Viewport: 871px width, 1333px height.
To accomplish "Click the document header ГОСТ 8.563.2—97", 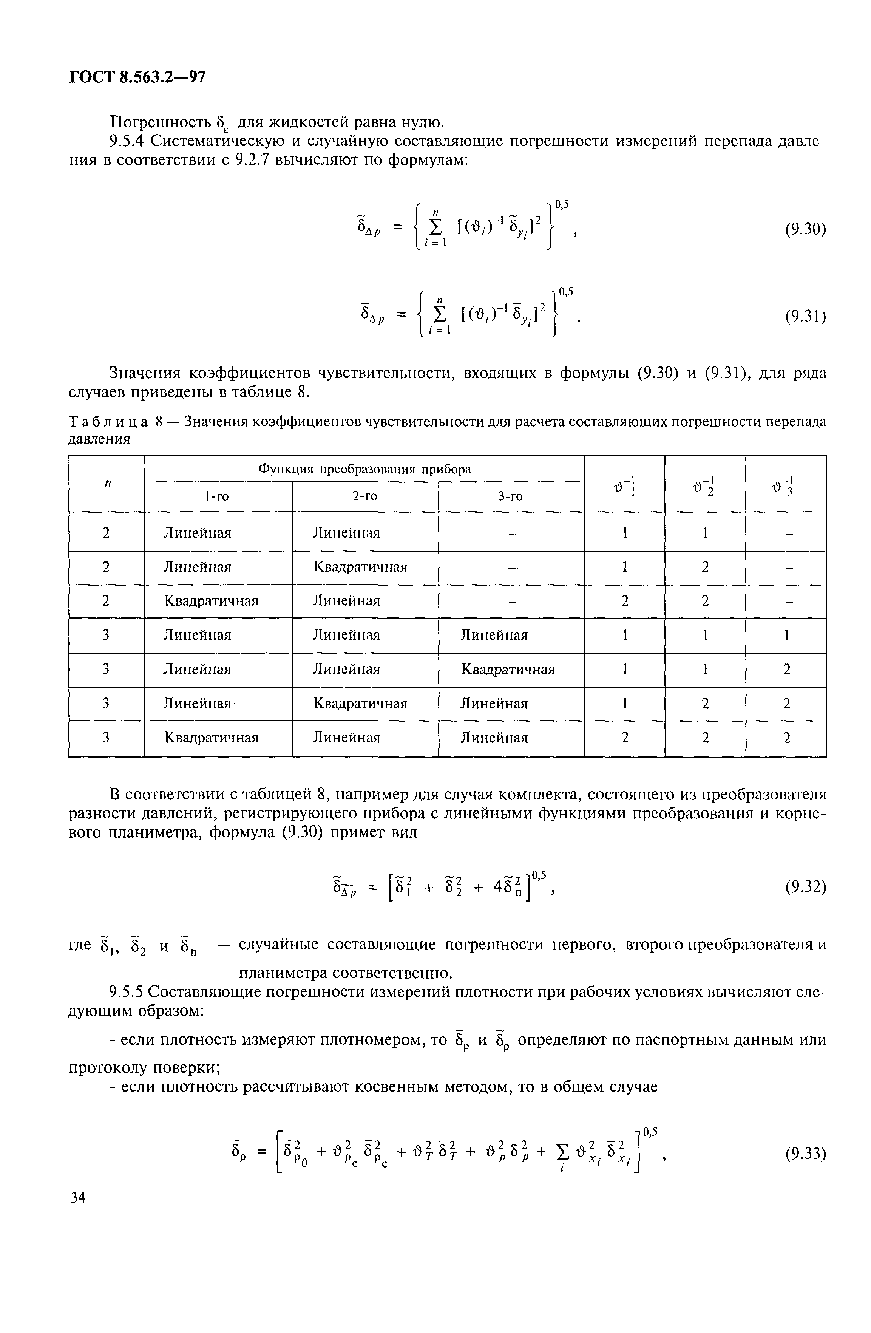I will [137, 77].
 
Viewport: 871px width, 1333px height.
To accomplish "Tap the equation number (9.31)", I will [805, 317].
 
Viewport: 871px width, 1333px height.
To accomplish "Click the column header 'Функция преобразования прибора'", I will [364, 469].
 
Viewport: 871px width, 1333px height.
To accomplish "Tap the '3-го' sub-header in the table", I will [511, 496].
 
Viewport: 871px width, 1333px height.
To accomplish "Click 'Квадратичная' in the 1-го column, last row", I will [211, 738].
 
